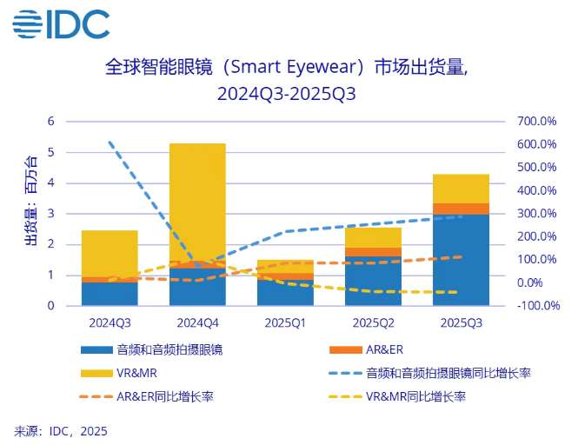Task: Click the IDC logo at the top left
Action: click(x=61, y=23)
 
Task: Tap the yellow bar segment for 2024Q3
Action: click(x=110, y=253)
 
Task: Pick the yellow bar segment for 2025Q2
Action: click(x=373, y=237)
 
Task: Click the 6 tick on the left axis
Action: click(x=50, y=121)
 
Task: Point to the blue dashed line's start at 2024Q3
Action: click(x=110, y=142)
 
